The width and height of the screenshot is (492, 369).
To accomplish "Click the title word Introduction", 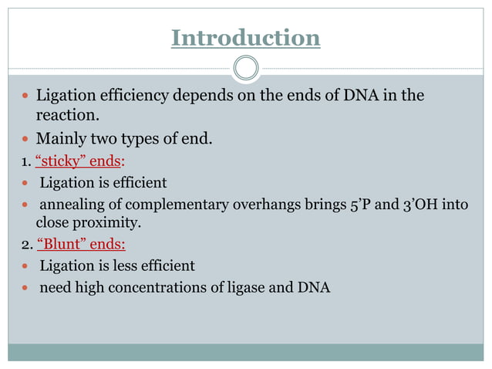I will tap(245, 38).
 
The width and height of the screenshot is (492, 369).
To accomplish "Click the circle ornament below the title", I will tap(246, 68).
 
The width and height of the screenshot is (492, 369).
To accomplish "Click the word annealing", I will tap(71, 205).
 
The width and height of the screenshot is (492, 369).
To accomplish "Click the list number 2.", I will tap(25, 245).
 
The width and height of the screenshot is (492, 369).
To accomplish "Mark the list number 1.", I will tap(25, 162).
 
